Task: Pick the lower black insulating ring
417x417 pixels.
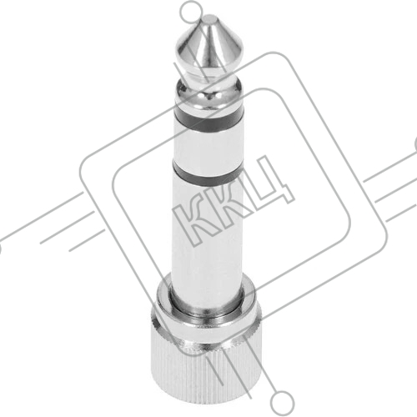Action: (x=208, y=173)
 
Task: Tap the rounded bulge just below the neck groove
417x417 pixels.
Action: (x=209, y=93)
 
